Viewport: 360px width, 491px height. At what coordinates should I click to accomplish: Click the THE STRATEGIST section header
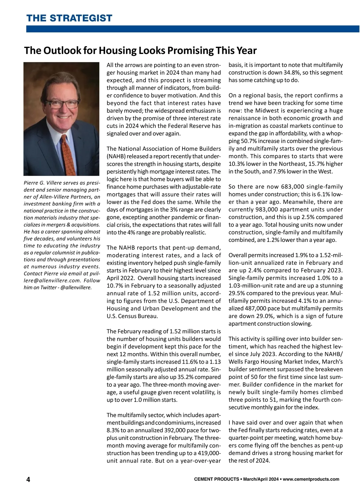[x=69, y=18]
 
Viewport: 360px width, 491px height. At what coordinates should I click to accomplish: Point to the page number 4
[x=28, y=480]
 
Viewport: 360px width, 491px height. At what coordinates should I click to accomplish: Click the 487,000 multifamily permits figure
[x=252, y=308]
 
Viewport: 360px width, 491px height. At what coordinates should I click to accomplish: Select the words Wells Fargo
[x=245, y=362]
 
